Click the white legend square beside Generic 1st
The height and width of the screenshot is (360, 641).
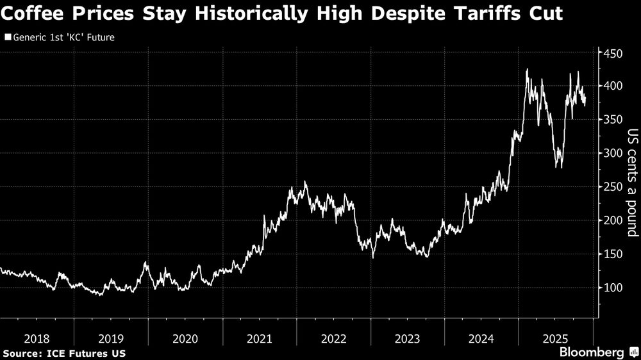click(7, 37)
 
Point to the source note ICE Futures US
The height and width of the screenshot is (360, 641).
click(64, 353)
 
